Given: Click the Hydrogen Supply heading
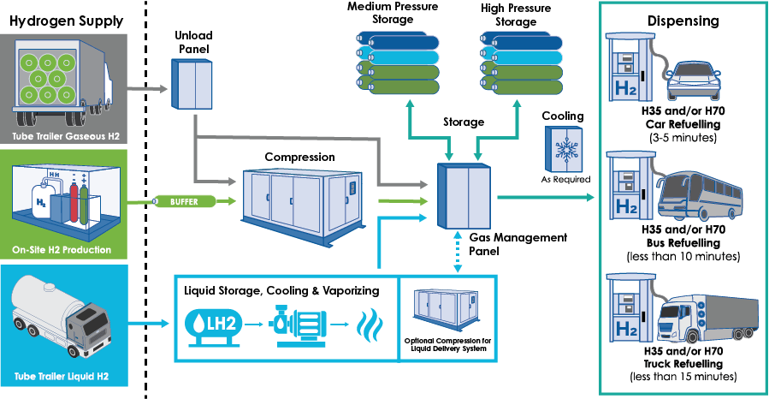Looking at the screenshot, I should point(66,20).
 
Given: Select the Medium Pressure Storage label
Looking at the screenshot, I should point(393,13).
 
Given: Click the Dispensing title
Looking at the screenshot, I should point(682,20).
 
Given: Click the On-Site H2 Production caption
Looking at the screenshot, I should point(66,250).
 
